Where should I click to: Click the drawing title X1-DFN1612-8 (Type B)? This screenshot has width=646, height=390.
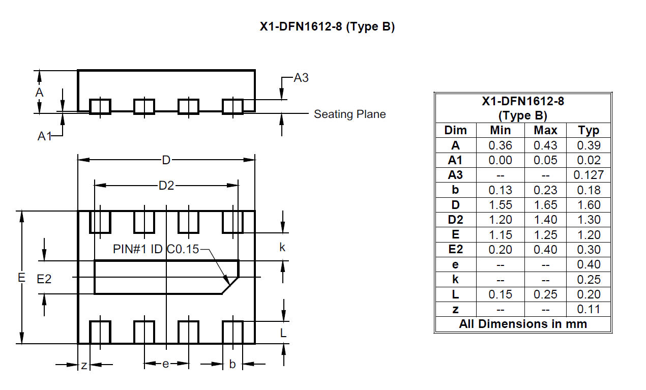[x=327, y=27]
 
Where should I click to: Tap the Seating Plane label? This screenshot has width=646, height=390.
[x=349, y=114]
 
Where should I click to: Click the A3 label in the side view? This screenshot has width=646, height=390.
[x=301, y=78]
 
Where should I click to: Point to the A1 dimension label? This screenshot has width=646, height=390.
[x=45, y=136]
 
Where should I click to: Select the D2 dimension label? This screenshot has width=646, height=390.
[x=166, y=186]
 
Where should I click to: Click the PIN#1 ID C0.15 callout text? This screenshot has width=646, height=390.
[x=156, y=249]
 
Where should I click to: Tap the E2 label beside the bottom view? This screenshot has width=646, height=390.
[x=44, y=279]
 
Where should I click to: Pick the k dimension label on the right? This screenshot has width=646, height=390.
[x=282, y=247]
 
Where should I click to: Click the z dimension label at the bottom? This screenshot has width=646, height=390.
[x=84, y=366]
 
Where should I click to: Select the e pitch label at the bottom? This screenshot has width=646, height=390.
[x=165, y=364]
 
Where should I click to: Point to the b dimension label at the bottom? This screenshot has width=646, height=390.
[x=232, y=364]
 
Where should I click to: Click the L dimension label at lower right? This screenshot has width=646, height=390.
[x=283, y=333]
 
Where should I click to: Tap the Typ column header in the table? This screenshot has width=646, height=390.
[x=589, y=131]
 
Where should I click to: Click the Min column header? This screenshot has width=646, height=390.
[x=501, y=130]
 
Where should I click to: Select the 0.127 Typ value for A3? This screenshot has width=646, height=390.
[x=589, y=175]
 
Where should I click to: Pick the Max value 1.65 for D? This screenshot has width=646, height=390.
[x=545, y=205]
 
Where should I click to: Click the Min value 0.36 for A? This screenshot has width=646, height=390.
[x=501, y=145]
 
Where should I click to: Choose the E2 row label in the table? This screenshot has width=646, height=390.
[x=456, y=249]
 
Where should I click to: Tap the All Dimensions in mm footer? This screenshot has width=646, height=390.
[x=523, y=324]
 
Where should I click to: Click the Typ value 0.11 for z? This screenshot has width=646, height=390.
[x=589, y=309]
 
